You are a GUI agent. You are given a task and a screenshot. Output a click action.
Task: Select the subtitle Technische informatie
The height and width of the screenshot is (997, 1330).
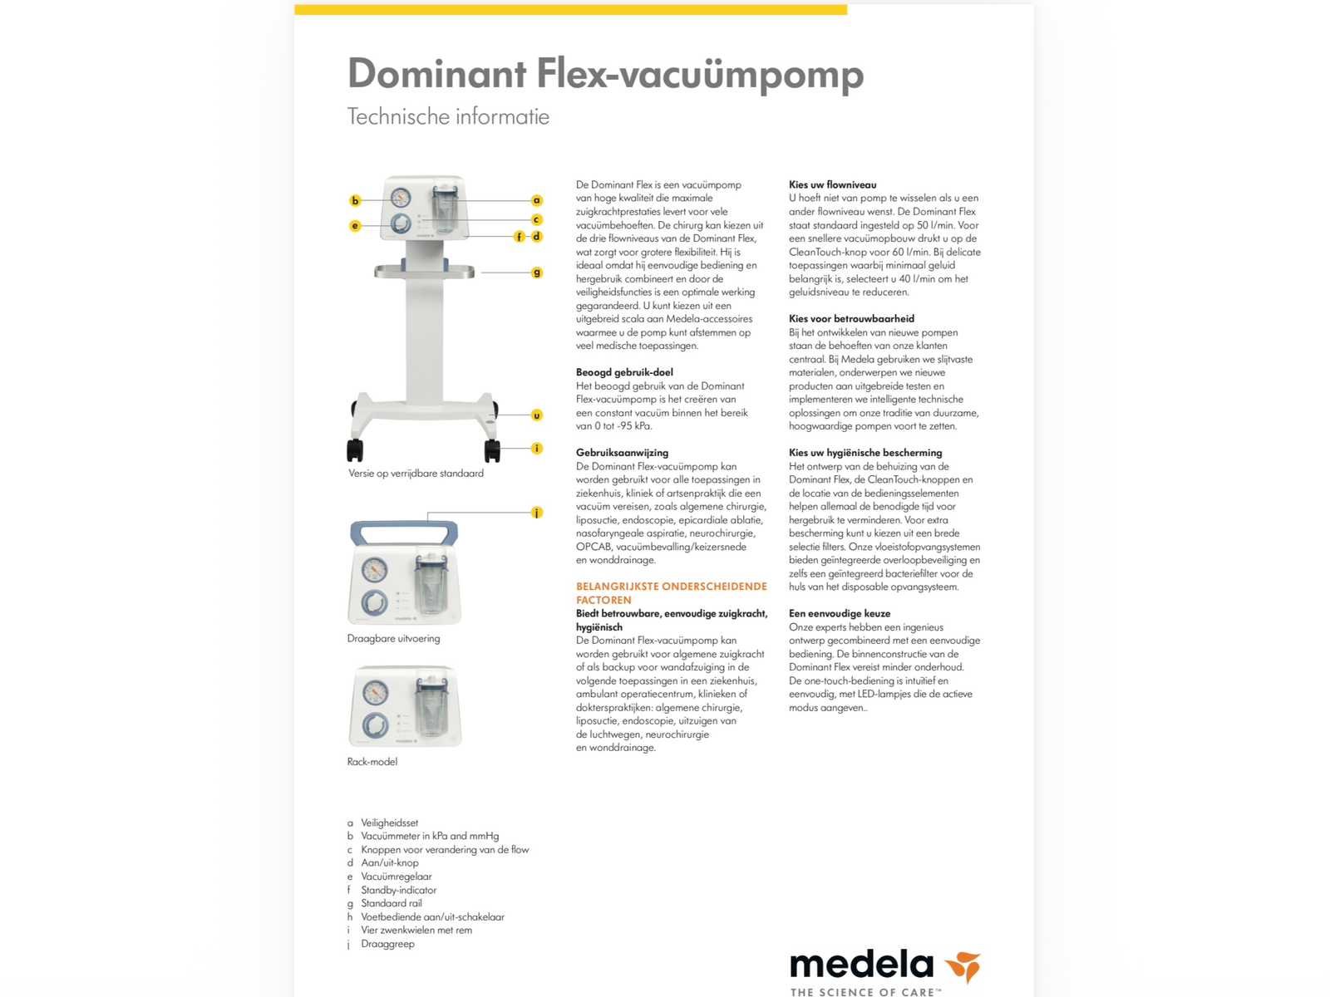[x=448, y=116]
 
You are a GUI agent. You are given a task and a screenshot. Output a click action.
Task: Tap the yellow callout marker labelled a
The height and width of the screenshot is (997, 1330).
[x=537, y=200]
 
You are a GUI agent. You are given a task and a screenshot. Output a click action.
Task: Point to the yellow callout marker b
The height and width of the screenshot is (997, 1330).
[x=355, y=200]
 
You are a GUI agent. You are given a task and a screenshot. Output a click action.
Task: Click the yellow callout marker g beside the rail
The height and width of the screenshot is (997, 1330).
[x=537, y=272]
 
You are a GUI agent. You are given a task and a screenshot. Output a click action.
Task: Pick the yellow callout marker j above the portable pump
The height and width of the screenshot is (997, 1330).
[x=537, y=513]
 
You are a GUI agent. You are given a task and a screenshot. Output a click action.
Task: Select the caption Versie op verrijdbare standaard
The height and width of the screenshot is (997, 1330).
[x=416, y=474]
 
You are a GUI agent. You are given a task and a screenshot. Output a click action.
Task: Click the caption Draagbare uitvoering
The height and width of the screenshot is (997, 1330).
[x=393, y=638]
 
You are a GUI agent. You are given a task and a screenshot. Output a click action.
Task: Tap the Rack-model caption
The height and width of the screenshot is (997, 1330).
[x=372, y=761]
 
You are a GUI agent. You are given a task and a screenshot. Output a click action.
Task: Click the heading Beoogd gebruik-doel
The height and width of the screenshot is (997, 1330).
[x=624, y=372]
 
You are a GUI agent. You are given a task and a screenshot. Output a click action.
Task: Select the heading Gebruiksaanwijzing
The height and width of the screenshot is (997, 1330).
[x=622, y=453]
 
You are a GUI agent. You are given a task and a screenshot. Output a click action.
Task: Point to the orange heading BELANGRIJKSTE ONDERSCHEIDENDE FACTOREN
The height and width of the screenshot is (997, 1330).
[x=671, y=592]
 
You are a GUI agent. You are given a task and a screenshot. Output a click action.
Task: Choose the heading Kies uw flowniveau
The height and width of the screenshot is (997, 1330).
[x=832, y=184]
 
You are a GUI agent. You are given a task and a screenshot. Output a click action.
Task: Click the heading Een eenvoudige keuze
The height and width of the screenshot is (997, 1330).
[x=840, y=613]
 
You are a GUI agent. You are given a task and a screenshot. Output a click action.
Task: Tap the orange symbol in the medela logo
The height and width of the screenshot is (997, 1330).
[x=963, y=966]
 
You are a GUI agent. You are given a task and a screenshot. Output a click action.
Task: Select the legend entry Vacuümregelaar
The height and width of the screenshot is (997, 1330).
[x=396, y=877]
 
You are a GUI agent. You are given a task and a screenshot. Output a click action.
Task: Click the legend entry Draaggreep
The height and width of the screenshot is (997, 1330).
[x=387, y=944]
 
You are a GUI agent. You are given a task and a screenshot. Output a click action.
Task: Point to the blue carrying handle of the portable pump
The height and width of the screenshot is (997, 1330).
[x=404, y=529]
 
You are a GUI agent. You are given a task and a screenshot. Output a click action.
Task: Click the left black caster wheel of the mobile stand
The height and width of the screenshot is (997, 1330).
[x=355, y=450]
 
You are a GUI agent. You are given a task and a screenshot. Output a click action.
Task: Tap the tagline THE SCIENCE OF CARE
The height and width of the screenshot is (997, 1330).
[x=864, y=992]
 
